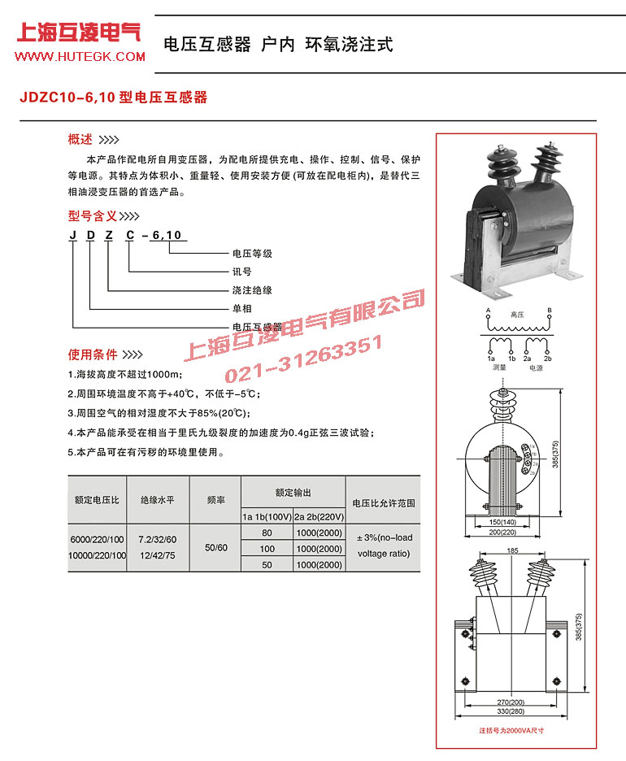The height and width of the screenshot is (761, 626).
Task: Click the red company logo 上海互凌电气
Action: pos(79,34)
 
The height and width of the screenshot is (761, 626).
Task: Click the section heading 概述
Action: pos(80,138)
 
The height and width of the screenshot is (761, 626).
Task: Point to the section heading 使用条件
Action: pos(92,355)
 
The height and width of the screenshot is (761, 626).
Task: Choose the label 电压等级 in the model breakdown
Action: pos(252,254)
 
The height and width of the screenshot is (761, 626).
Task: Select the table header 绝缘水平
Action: pos(159,502)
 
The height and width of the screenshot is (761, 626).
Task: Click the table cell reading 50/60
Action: pos(215,548)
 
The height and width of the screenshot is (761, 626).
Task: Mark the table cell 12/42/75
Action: pos(159,555)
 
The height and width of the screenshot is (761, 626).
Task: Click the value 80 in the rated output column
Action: pos(267,533)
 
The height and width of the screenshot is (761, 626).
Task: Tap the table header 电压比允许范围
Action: pos(383,503)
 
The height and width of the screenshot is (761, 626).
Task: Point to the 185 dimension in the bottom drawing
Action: pos(511,551)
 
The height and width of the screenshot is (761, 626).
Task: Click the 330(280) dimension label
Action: pos(511,711)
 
